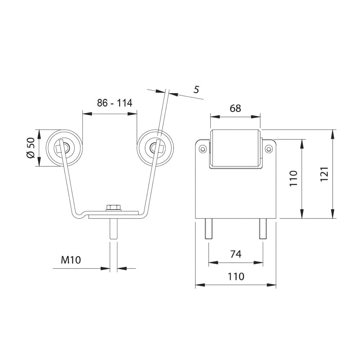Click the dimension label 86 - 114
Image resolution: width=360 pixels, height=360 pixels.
pos(114,103)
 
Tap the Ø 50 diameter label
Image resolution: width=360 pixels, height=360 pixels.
pos(31,148)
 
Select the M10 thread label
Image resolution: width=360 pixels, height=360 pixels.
pos(71,260)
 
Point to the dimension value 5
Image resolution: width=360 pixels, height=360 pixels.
pos(196,89)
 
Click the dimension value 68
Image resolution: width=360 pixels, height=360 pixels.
pos(235,108)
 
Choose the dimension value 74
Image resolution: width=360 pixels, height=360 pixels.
pos(236,254)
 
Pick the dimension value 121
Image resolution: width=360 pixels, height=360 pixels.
pos(325,174)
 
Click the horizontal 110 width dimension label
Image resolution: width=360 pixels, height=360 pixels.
pos(236,276)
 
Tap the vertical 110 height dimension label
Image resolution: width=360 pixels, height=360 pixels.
pos(293,179)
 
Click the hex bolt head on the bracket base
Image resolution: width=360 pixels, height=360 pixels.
pos(114,207)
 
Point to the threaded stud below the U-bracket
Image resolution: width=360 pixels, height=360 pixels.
pos(114,229)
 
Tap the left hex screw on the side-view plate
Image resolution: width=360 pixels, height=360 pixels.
pos(202,149)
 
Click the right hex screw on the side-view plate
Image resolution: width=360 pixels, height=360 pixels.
pos(269,149)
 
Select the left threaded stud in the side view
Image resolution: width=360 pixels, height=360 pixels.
pos(209,229)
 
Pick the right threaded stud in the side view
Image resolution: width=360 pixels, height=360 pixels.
pos(263,229)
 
